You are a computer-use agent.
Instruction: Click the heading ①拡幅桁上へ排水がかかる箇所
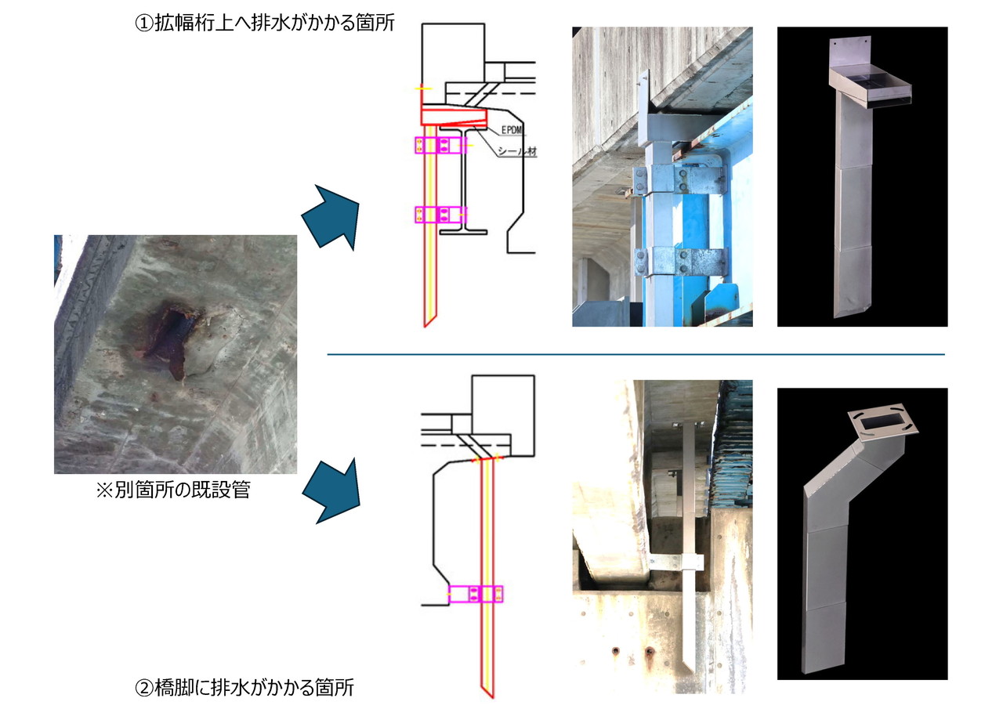point(265,23)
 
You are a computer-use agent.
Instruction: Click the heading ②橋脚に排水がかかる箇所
point(244,687)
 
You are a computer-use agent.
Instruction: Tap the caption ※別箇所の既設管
point(173,490)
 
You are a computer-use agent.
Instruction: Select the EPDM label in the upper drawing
point(512,130)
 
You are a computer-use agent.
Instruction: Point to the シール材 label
point(518,151)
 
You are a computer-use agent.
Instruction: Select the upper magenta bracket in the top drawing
point(440,145)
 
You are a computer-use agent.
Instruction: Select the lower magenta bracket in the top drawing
point(440,215)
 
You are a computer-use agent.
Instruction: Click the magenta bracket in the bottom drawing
point(476,594)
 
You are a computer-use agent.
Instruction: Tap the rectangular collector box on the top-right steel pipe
point(870,88)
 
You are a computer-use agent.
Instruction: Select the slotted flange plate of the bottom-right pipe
point(882,422)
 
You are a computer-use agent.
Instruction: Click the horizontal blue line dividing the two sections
point(635,354)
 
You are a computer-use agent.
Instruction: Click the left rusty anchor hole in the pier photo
point(616,650)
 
